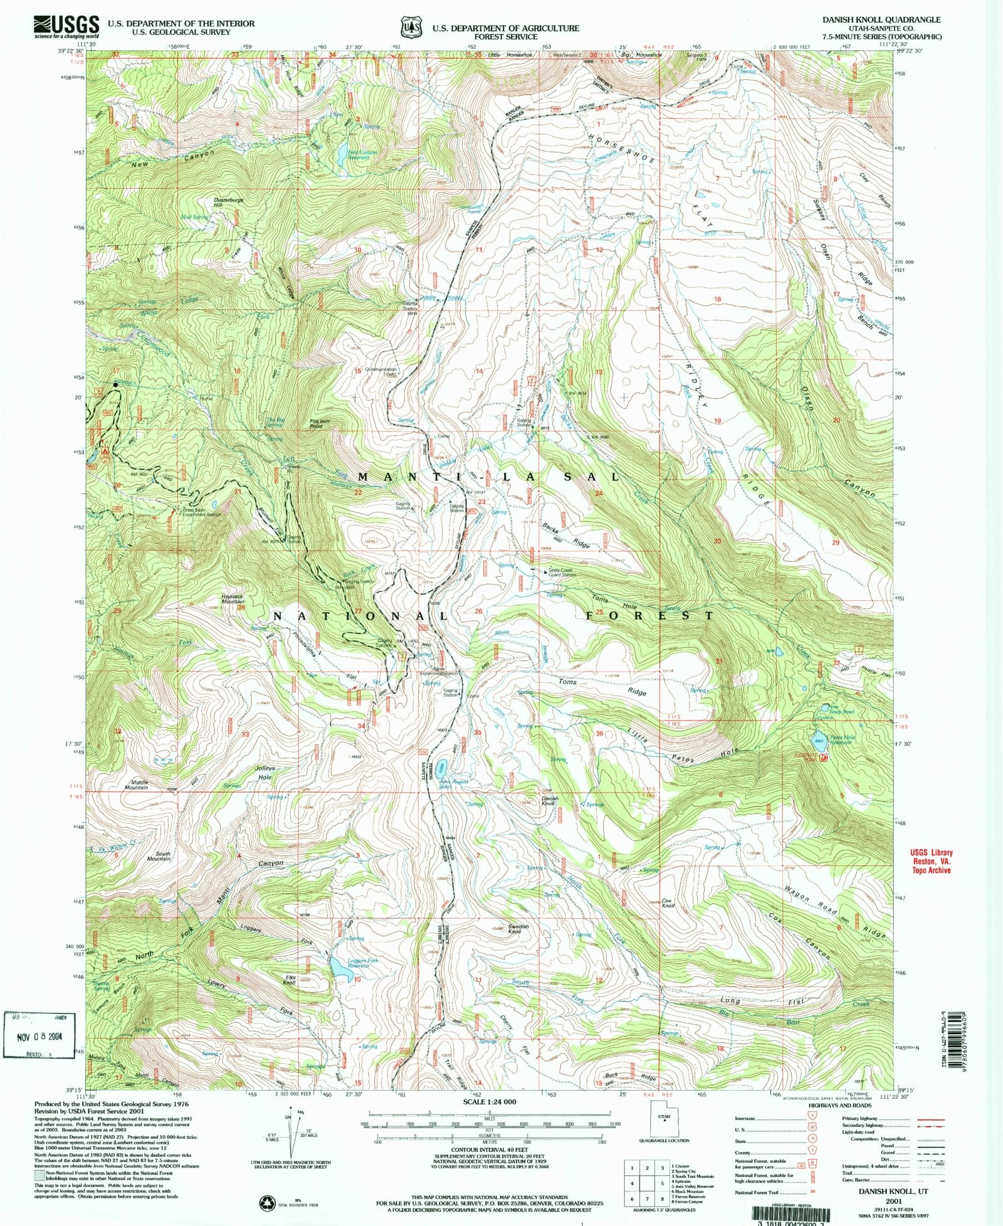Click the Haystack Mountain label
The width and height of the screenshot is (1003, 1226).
click(x=232, y=600)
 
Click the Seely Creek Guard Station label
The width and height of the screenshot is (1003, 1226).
click(x=562, y=573)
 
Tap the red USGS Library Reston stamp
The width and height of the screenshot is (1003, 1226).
click(x=931, y=861)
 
